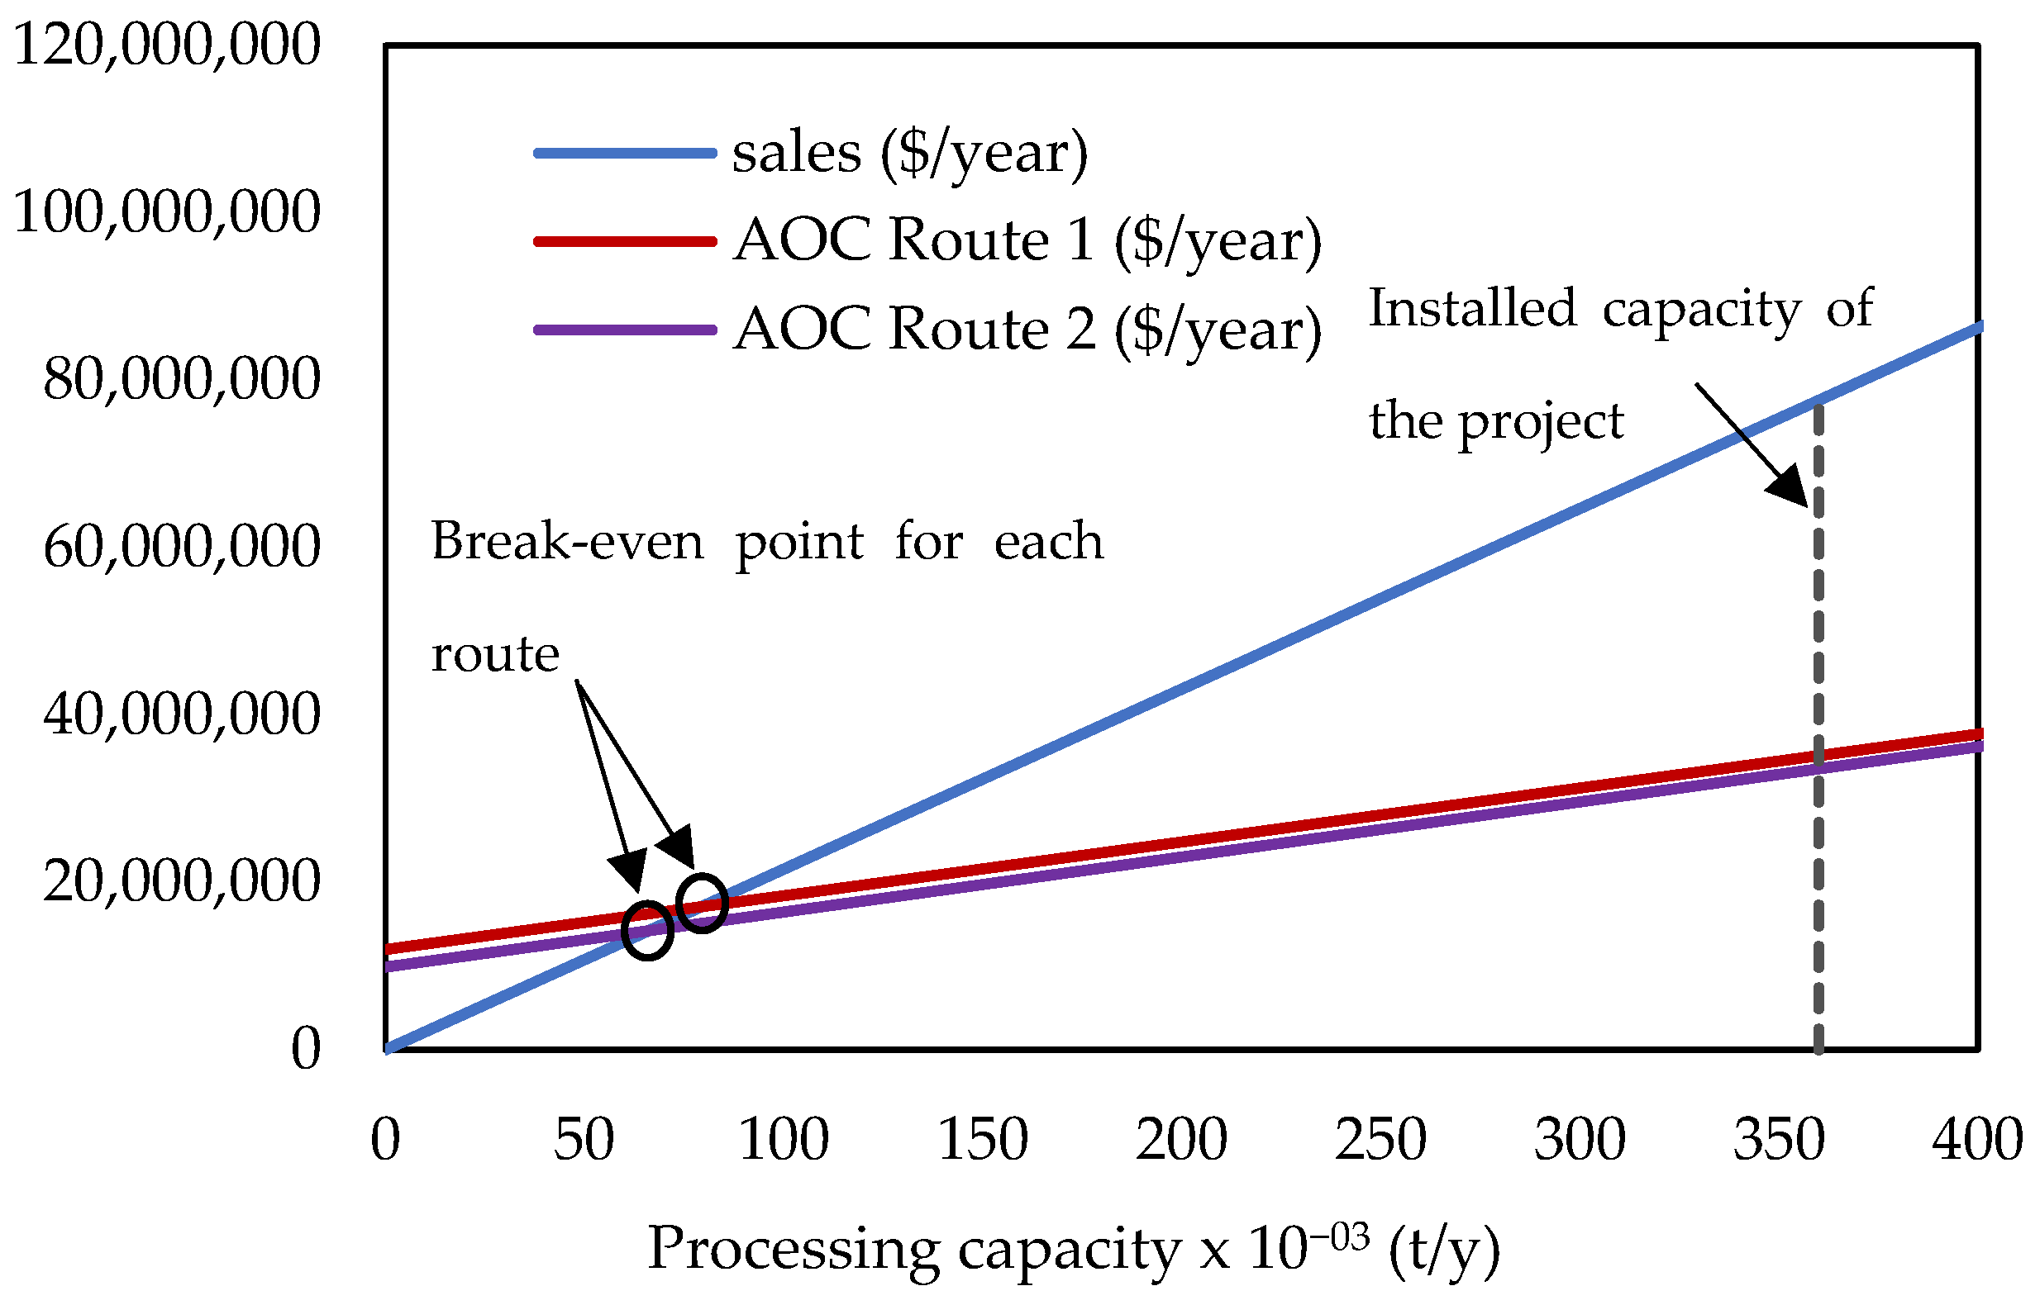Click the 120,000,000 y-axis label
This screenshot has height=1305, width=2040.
[166, 45]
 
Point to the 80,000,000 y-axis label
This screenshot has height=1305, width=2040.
[182, 379]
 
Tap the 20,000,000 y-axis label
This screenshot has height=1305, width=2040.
[182, 881]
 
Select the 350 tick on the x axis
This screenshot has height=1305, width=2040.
[1778, 1140]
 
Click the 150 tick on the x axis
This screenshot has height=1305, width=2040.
[982, 1140]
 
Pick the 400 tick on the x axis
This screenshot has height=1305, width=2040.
[1976, 1140]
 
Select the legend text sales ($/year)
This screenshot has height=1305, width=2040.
[909, 154]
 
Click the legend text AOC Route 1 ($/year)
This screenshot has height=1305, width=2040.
[1027, 240]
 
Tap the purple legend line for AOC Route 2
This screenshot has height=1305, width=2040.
[625, 330]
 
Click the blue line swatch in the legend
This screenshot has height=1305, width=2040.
[625, 154]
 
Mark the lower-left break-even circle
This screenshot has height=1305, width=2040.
[647, 932]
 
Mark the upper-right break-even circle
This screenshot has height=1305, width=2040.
[702, 904]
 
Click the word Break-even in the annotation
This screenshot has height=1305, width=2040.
[567, 542]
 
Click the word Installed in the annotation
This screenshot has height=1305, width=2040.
[1472, 308]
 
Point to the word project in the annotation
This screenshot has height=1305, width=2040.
[1540, 422]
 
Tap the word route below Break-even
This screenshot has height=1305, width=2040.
[495, 655]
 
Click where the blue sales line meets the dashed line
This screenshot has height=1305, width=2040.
[1818, 400]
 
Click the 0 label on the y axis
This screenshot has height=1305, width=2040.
[305, 1049]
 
